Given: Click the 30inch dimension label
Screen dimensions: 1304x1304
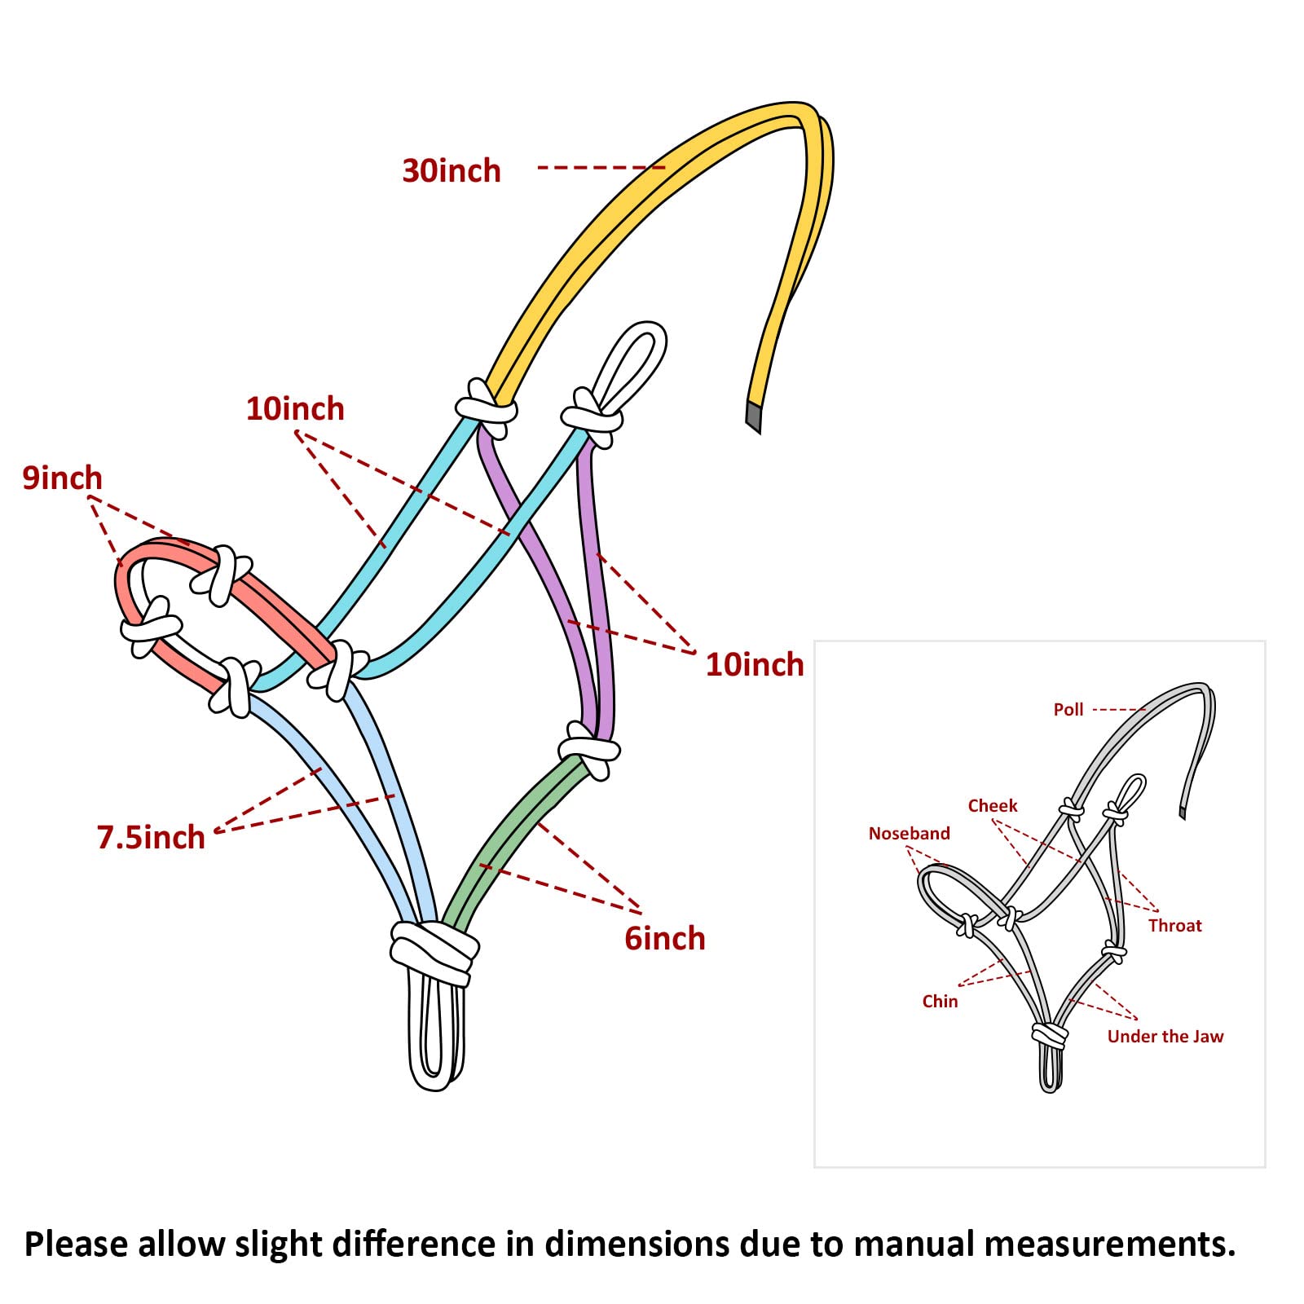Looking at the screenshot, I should (451, 171).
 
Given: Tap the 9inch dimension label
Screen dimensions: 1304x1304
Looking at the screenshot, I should (62, 478).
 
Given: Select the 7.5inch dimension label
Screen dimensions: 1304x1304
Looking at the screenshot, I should (151, 837).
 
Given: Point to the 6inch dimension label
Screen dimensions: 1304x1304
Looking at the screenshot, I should (664, 939).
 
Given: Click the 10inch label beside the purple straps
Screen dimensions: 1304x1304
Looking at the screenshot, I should (754, 665).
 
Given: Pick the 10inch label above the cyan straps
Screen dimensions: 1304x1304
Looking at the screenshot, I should (295, 408).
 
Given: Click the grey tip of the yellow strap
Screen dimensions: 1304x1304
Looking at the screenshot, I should (753, 416).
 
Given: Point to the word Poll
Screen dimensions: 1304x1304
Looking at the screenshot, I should (1068, 710).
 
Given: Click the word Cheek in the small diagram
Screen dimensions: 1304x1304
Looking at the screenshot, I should (992, 806).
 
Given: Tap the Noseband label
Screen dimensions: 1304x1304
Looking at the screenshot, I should (909, 834).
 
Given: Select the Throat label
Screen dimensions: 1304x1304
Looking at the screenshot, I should (1174, 926).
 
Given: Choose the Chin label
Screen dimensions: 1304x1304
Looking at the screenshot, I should (940, 1002).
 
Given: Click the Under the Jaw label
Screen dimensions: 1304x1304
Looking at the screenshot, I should (1165, 1037).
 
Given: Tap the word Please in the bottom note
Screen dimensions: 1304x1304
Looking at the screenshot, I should (76, 1245).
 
